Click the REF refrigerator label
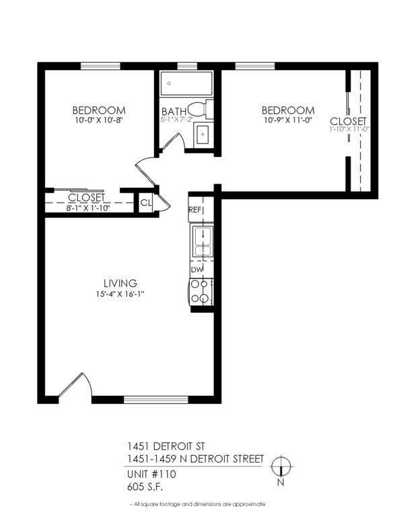click(x=195, y=210)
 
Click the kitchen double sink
click(x=202, y=243)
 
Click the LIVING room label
click(x=120, y=283)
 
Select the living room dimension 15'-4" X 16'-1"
click(x=120, y=294)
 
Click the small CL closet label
click(x=145, y=203)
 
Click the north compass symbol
click(x=283, y=467)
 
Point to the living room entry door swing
click(x=75, y=386)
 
